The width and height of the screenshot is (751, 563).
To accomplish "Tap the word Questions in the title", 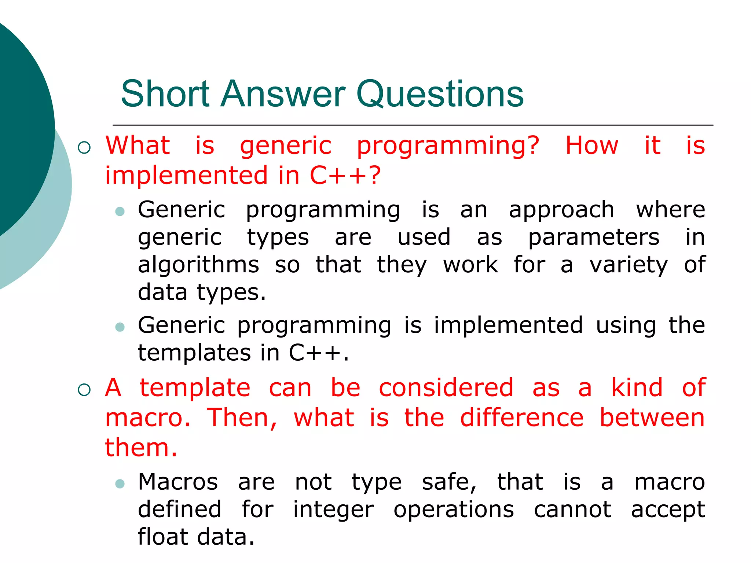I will [x=440, y=95].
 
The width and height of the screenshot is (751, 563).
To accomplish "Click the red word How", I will [x=592, y=146].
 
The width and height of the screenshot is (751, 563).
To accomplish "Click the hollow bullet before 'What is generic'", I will [x=84, y=148].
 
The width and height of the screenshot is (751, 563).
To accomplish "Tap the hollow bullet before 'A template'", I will [x=84, y=390].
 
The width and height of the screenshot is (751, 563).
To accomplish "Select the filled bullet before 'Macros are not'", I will [x=120, y=484].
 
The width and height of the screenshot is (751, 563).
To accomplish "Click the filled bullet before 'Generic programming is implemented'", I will [x=120, y=327].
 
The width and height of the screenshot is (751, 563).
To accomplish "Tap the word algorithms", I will [x=198, y=265].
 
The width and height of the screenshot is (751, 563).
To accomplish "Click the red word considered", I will [x=446, y=388].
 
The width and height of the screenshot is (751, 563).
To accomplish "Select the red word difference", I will [x=521, y=418].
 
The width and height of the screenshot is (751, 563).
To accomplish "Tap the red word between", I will [x=652, y=418].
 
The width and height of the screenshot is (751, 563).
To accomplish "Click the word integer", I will [x=333, y=510].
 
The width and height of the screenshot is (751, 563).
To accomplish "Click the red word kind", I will [x=637, y=388].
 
